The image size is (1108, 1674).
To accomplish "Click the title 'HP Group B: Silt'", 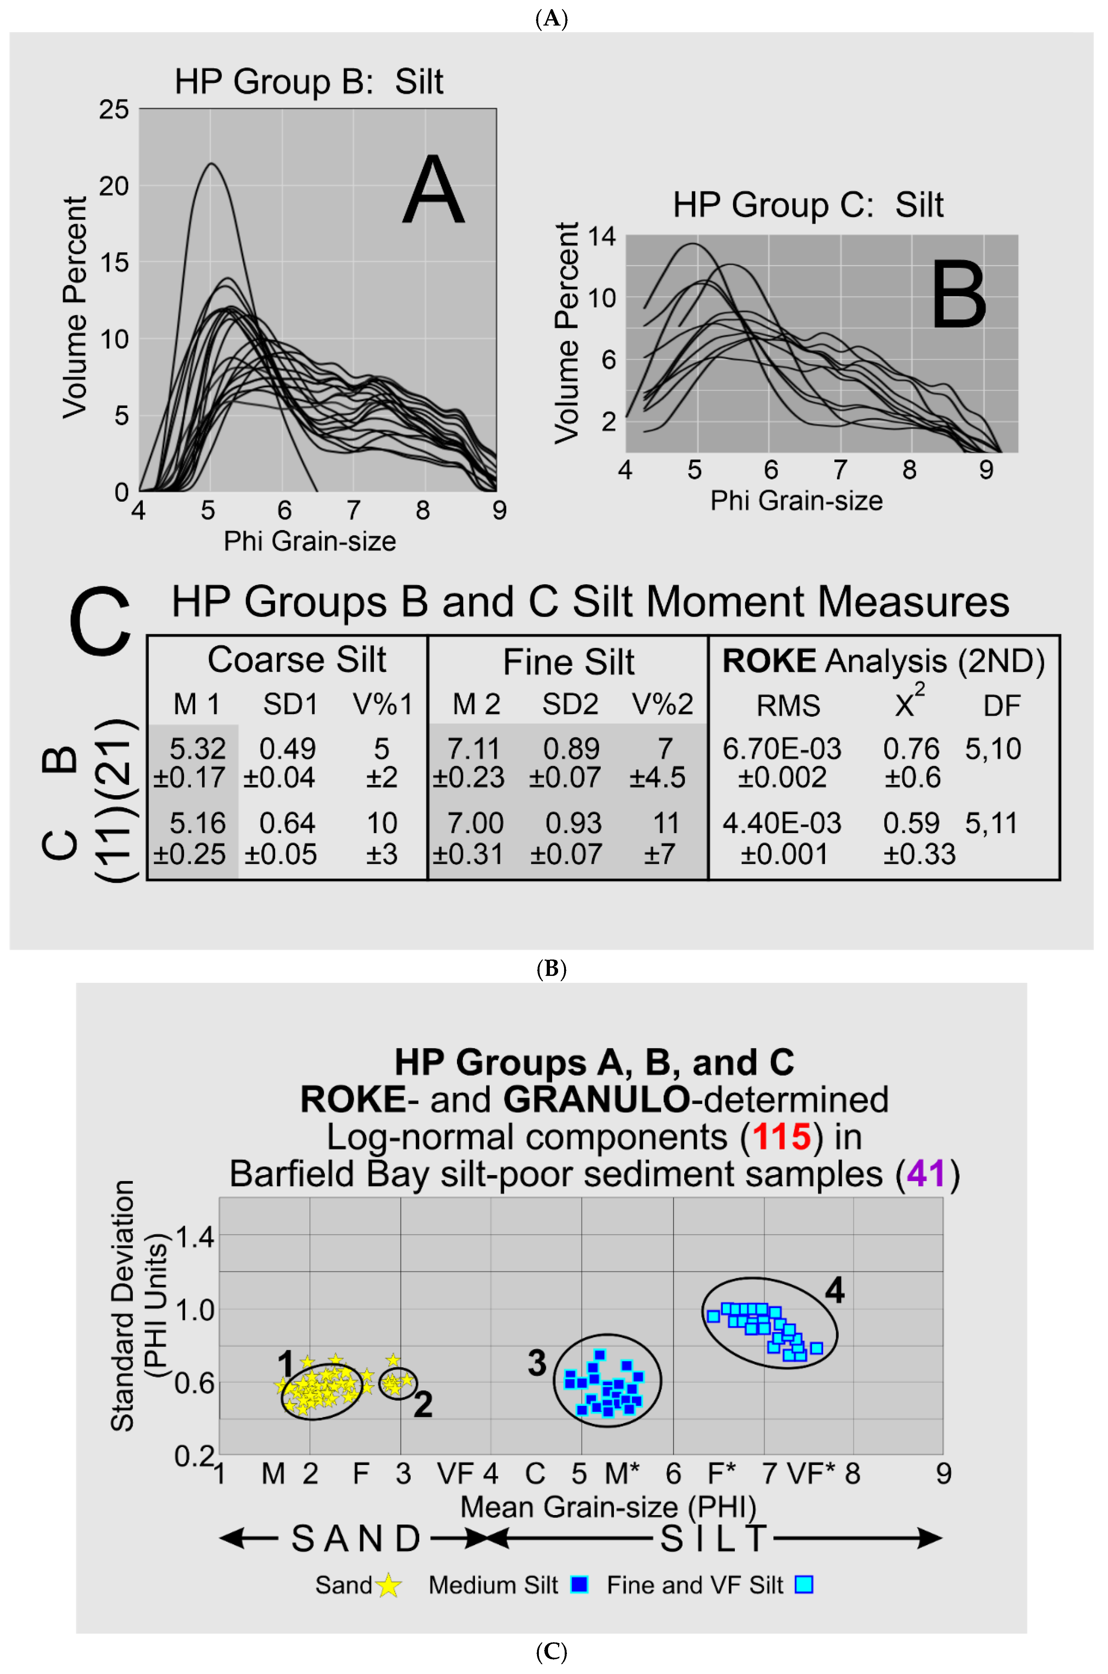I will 309,82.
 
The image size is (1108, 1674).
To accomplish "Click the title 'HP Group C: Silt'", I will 808,205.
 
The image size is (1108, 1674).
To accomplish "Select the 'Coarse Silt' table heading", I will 297,660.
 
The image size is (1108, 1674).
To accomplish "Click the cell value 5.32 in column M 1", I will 197,749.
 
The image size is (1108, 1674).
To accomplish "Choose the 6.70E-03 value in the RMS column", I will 782,749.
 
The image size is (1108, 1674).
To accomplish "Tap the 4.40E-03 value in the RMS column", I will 782,823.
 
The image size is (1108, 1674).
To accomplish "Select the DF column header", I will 1001,705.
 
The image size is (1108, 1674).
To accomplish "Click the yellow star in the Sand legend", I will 389,1586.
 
